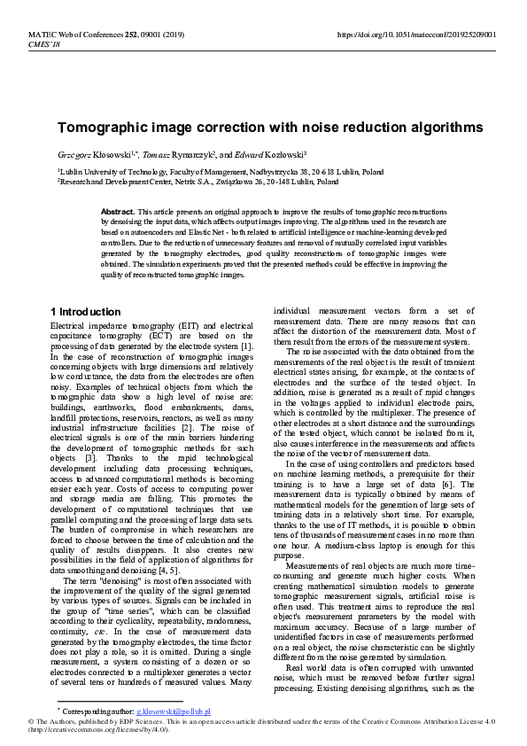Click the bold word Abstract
(x=118, y=214)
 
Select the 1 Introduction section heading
(x=85, y=312)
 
